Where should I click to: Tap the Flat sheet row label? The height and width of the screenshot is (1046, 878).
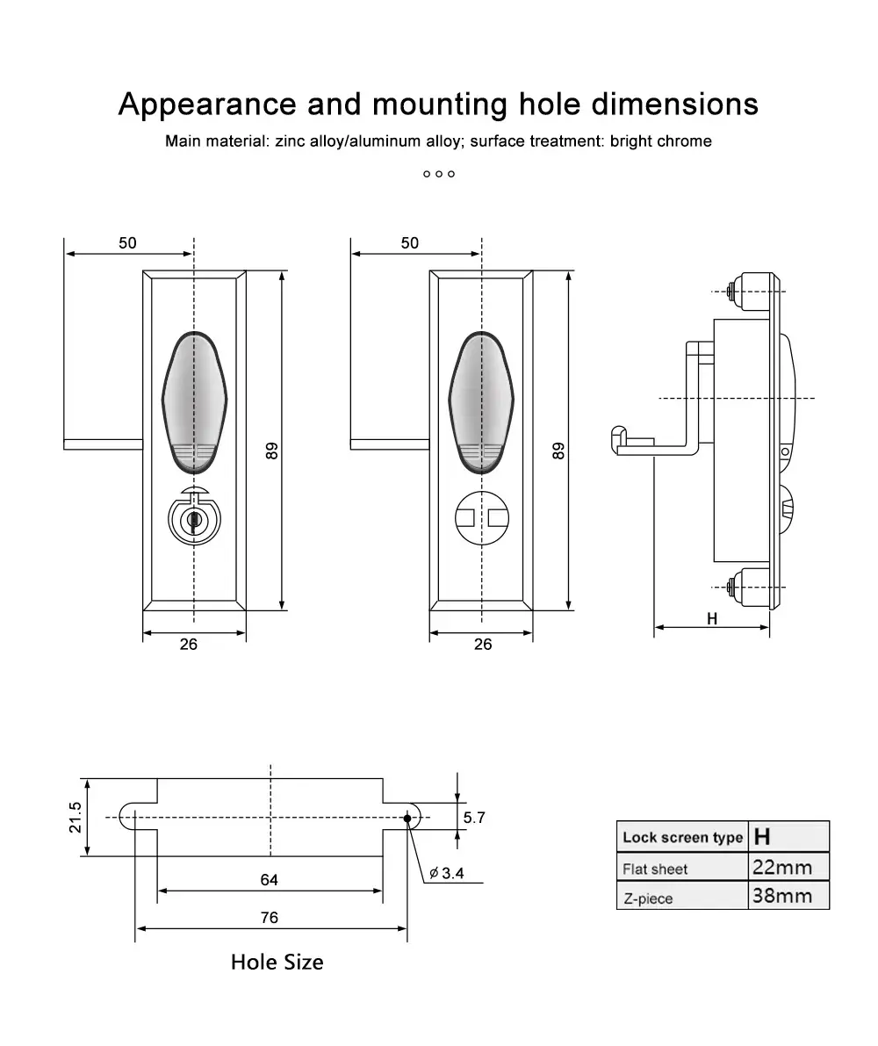point(655,869)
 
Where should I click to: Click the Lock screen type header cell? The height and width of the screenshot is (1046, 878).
point(682,837)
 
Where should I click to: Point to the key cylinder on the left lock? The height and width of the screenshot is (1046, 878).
point(193,520)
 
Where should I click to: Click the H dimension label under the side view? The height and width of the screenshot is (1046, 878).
point(712,618)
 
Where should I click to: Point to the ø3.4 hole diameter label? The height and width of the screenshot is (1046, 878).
point(447,873)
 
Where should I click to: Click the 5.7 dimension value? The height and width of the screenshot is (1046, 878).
point(474,818)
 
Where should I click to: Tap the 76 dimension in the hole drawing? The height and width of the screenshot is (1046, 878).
point(270,917)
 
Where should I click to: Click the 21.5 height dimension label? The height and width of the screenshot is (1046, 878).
point(76,817)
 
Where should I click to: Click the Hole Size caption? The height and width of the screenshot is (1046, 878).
point(277,962)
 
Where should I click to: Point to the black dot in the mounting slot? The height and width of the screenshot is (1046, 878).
point(407,818)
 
